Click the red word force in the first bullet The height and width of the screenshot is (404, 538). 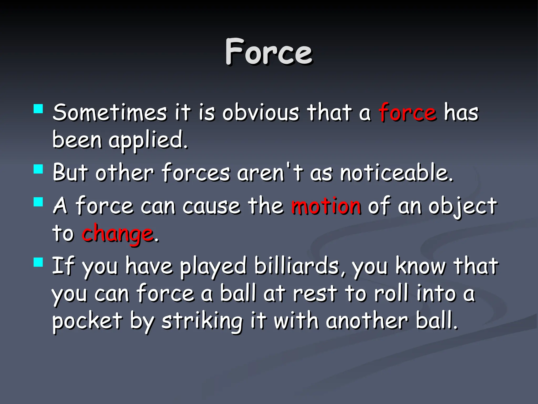(408, 113)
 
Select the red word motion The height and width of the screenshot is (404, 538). (326, 206)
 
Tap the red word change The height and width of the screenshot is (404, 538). (117, 234)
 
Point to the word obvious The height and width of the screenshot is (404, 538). (261, 113)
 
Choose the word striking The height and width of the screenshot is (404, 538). (202, 321)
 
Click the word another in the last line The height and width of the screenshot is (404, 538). (367, 321)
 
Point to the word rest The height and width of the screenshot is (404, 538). (315, 294)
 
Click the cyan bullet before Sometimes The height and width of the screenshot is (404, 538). (38, 109)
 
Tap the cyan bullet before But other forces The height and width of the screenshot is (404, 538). (38, 169)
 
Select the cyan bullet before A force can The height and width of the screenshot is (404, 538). (38, 202)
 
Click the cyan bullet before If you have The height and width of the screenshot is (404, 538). (38, 262)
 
